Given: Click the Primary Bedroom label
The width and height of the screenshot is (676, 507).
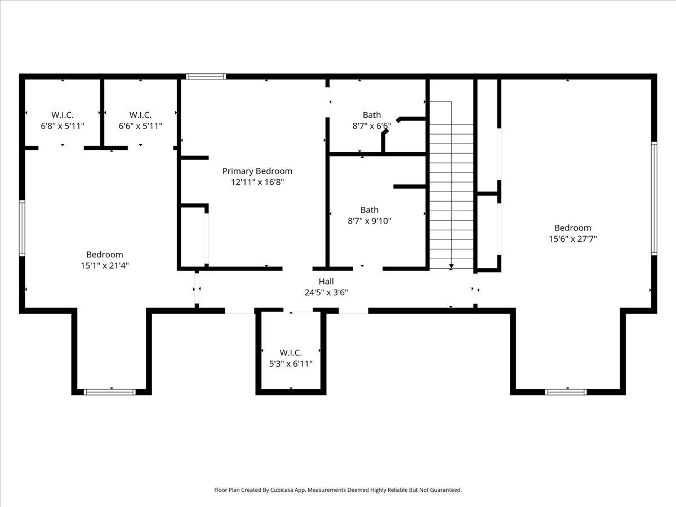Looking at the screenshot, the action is [257, 171].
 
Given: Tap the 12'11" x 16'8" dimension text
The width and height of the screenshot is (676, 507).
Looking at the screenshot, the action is [257, 182].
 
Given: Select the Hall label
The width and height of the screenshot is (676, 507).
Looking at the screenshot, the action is [326, 281].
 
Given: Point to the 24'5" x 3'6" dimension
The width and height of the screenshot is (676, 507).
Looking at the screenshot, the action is [326, 292].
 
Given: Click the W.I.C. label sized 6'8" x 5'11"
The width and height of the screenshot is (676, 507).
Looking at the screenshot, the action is [63, 115].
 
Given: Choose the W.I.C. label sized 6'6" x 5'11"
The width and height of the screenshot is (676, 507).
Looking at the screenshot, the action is [140, 115].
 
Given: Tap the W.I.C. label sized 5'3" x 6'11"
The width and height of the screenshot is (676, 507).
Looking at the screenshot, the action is [291, 353].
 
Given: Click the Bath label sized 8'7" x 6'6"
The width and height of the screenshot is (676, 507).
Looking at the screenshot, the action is [372, 115].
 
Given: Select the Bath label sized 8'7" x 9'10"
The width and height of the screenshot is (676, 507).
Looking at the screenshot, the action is [369, 210].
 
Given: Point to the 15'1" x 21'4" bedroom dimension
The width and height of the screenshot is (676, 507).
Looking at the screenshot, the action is [105, 266].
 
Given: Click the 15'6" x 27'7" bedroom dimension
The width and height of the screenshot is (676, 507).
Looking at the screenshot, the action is [573, 239].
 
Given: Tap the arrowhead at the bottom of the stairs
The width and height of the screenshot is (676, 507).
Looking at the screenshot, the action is [451, 266].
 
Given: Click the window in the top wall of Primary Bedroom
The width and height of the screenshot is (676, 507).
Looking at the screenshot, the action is [206, 77].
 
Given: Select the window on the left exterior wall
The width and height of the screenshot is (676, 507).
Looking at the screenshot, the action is [22, 228].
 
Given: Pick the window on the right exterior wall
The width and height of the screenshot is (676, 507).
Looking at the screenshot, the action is [654, 198].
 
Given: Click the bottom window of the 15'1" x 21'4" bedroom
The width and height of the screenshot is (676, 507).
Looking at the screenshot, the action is [110, 392].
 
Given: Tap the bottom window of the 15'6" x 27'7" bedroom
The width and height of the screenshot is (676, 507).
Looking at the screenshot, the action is [566, 392].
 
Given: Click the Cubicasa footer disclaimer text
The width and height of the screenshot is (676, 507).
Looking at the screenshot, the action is [338, 490].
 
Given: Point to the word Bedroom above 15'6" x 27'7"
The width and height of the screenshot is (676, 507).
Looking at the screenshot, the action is [573, 228].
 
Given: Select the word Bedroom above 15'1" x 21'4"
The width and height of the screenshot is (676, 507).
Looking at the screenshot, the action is [105, 255].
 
